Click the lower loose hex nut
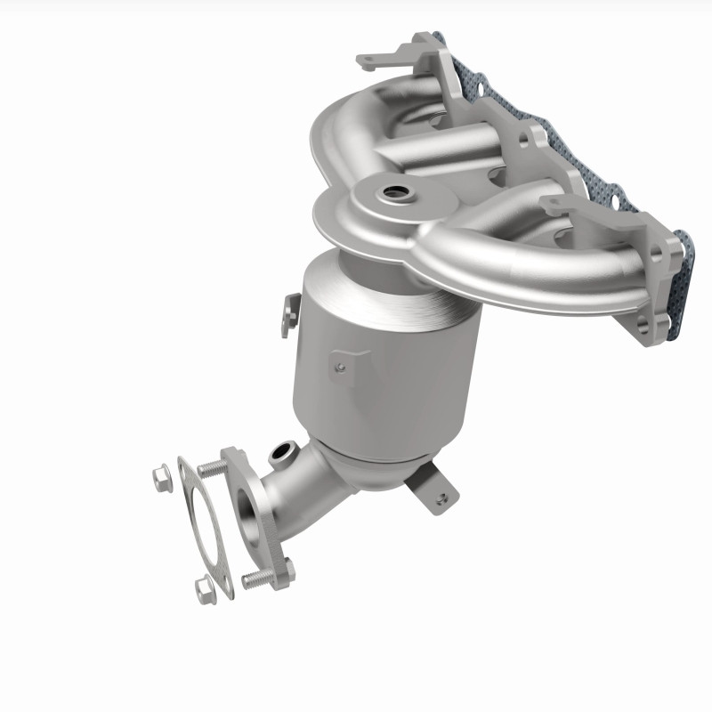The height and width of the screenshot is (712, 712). pos(204,587)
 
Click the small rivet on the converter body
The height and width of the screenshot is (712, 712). pos(339,365)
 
